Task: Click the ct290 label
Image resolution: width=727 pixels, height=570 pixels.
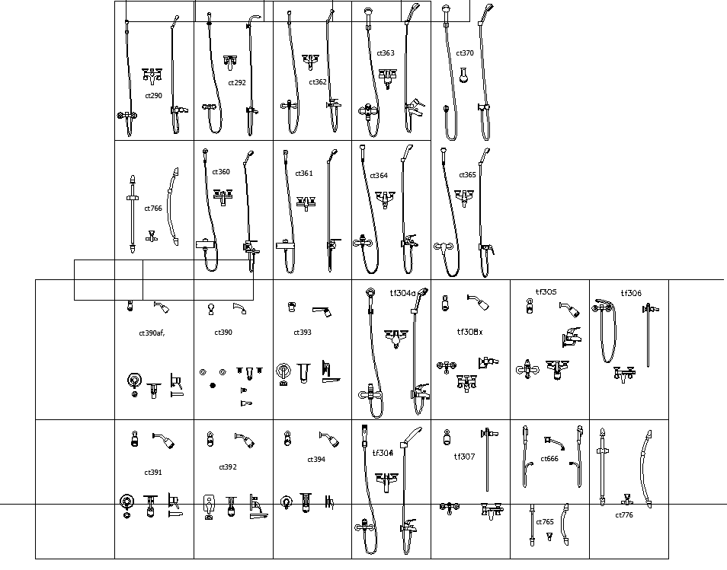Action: click(153, 96)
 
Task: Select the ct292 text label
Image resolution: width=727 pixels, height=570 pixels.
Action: click(237, 83)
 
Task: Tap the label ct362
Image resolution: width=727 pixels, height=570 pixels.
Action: click(318, 82)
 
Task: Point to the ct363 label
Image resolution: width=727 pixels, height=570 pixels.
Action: click(386, 53)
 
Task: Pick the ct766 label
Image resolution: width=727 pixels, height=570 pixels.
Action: click(153, 208)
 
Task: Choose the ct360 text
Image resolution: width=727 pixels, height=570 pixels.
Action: click(221, 172)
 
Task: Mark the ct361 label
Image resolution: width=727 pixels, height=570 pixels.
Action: click(304, 174)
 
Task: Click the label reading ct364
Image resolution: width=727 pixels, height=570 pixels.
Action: click(379, 176)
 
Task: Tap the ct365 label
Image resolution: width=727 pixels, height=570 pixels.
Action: click(467, 175)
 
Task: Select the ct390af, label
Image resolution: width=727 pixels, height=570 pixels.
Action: click(152, 333)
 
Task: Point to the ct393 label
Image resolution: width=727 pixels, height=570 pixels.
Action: click(303, 333)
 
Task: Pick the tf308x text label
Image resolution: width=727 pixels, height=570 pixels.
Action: click(469, 332)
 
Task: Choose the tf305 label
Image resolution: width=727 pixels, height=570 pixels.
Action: click(546, 292)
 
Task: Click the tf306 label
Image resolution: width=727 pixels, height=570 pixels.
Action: click(631, 293)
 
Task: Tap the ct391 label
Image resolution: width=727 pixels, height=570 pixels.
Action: click(153, 473)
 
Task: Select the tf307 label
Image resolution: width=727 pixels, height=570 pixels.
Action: click(464, 457)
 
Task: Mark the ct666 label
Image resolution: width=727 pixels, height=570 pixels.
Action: click(549, 459)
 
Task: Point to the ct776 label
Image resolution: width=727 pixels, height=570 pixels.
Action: click(624, 515)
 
